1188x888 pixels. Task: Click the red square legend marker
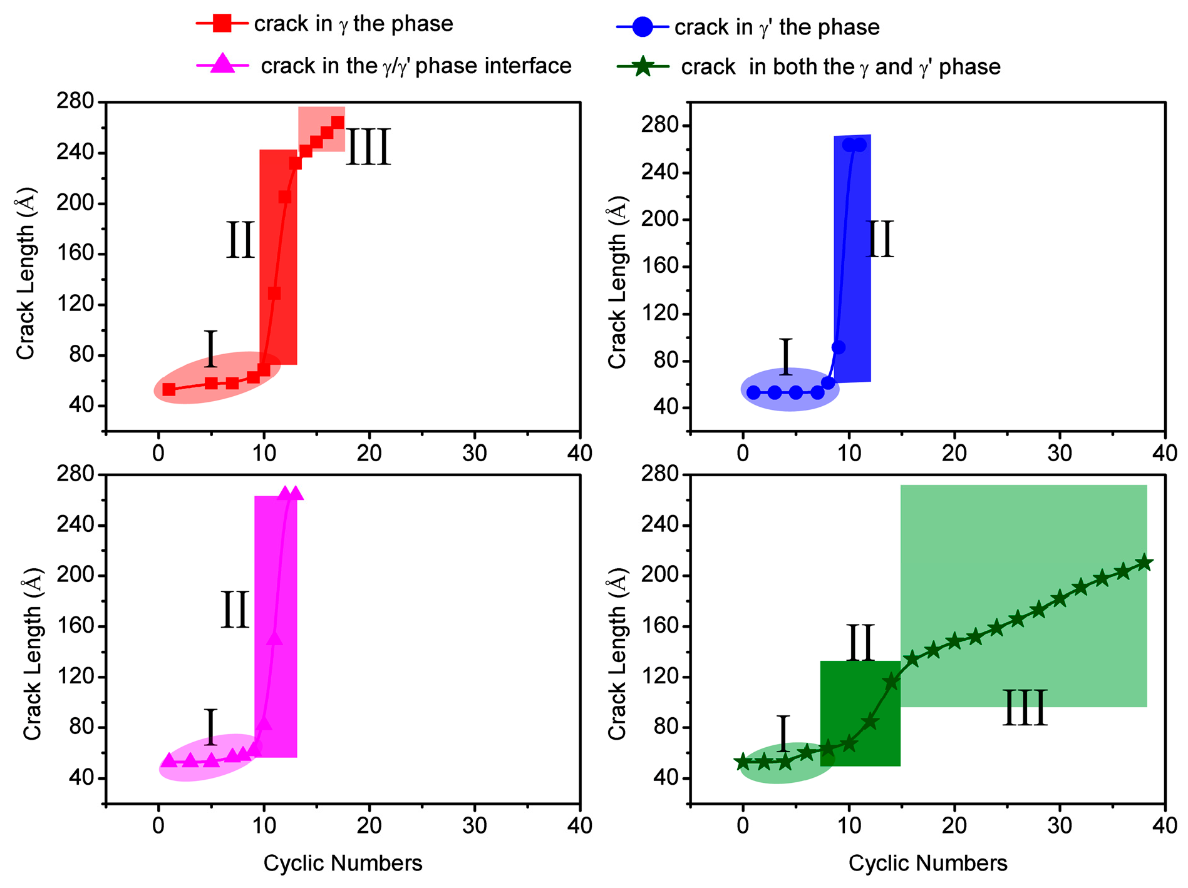222,24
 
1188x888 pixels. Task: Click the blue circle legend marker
643,27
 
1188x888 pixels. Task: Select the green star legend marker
643,66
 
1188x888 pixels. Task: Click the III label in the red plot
368,148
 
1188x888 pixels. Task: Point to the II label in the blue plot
879,240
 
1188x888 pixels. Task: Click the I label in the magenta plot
211,728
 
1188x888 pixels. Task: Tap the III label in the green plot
1025,708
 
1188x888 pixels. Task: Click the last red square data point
337,122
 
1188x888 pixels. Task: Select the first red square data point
169,389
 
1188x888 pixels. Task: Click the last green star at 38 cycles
1144,563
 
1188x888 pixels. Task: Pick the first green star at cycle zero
743,762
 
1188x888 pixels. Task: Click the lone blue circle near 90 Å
839,347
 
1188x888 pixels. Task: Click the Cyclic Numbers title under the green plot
927,863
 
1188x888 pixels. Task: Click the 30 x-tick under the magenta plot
474,825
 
